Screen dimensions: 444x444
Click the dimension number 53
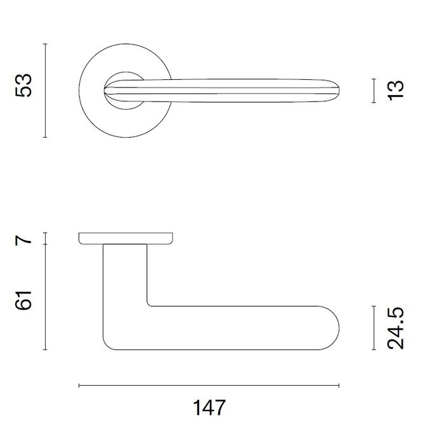(23, 90)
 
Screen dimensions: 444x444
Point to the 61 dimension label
(23, 297)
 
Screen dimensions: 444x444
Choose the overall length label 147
(209, 407)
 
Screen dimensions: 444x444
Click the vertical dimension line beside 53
(45, 90)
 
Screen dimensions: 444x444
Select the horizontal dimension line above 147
(209, 385)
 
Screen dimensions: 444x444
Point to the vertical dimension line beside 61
(45, 297)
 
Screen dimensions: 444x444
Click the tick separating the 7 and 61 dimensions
(45, 245)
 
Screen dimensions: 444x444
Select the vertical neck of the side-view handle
(124, 273)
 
